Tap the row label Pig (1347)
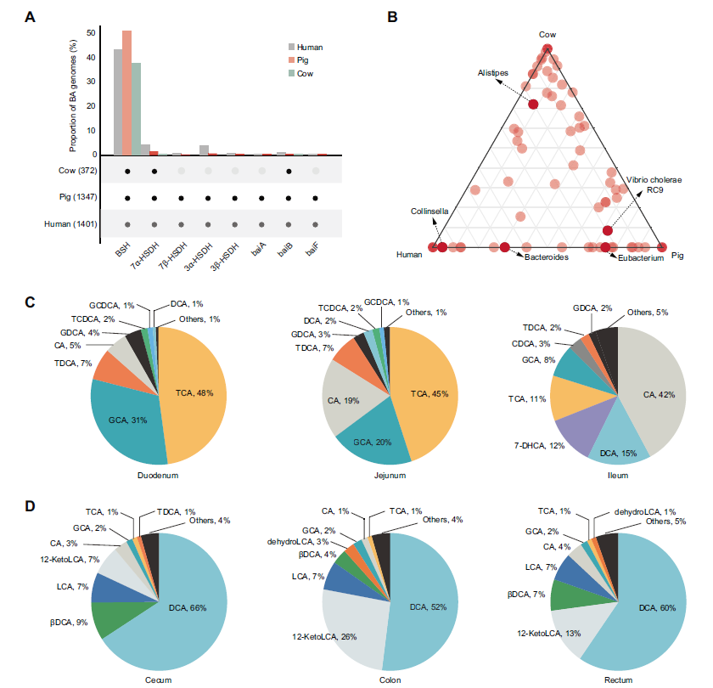point(67,198)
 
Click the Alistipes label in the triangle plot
point(492,73)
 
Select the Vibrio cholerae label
point(654,180)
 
